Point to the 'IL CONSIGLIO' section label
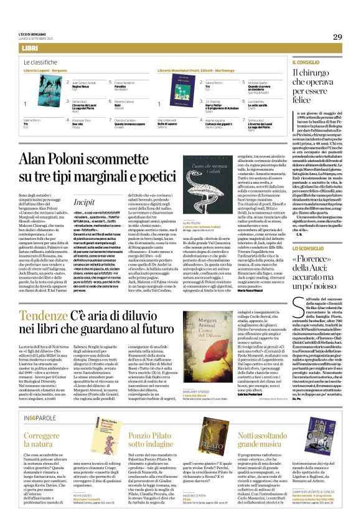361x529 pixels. pos(306,63)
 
